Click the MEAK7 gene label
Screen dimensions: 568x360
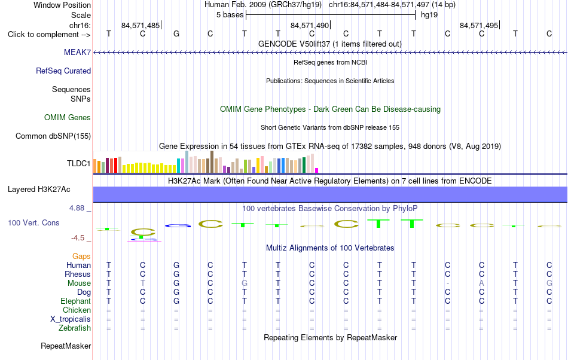point(77,52)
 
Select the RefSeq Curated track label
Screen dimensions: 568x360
point(63,71)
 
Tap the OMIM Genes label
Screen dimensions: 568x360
point(68,117)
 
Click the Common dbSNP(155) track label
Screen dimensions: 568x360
point(53,136)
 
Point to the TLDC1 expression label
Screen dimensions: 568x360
point(78,163)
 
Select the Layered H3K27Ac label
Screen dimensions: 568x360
point(39,189)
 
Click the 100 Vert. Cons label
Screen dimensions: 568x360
point(33,222)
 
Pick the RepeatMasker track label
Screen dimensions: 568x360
point(66,346)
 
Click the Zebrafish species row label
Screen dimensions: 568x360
point(75,328)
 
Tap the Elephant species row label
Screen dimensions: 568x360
point(76,301)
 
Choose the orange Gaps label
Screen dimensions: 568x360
point(81,256)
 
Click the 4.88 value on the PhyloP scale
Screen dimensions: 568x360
point(77,208)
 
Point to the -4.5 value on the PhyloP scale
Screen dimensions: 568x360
point(78,237)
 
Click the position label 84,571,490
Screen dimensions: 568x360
point(310,25)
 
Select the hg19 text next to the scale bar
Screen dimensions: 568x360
point(429,15)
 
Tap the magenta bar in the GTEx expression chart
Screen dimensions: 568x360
point(317,170)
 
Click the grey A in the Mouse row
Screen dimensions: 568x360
point(481,283)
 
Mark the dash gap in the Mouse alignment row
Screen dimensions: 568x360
point(448,283)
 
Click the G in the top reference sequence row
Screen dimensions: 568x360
point(176,33)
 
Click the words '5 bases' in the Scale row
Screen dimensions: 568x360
point(230,15)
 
